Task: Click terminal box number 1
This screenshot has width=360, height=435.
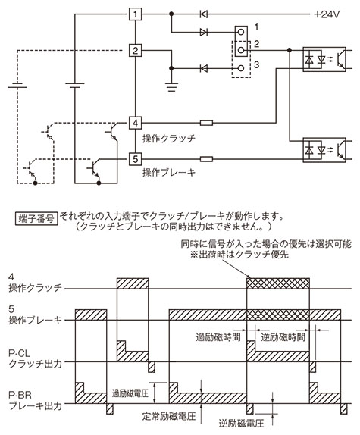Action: click(135, 14)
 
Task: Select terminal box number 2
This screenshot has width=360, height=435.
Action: click(135, 51)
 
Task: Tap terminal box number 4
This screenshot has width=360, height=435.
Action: click(135, 122)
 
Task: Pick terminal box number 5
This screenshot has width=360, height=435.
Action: click(135, 159)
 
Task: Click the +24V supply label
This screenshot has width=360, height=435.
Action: click(327, 14)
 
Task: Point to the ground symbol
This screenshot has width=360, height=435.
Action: click(171, 87)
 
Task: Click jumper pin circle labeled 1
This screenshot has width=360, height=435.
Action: click(241, 32)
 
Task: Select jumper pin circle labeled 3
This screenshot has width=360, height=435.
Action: click(241, 68)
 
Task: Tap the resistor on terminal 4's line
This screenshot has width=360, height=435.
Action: click(206, 122)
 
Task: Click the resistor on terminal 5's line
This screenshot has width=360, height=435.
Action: click(206, 159)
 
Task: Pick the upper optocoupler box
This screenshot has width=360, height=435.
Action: click(324, 59)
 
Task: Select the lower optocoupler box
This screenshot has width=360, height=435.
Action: click(324, 150)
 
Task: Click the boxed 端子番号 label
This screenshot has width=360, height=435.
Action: click(36, 218)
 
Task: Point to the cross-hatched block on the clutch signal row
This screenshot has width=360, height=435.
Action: click(278, 283)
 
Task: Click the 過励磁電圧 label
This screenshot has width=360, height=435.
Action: click(130, 393)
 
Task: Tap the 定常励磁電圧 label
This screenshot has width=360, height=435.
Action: click(169, 416)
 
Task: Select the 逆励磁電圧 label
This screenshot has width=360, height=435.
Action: click(241, 424)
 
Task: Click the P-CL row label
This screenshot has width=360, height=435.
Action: click(35, 358)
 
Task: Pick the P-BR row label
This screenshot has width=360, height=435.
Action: click(35, 401)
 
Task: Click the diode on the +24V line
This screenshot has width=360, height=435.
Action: click(204, 14)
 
